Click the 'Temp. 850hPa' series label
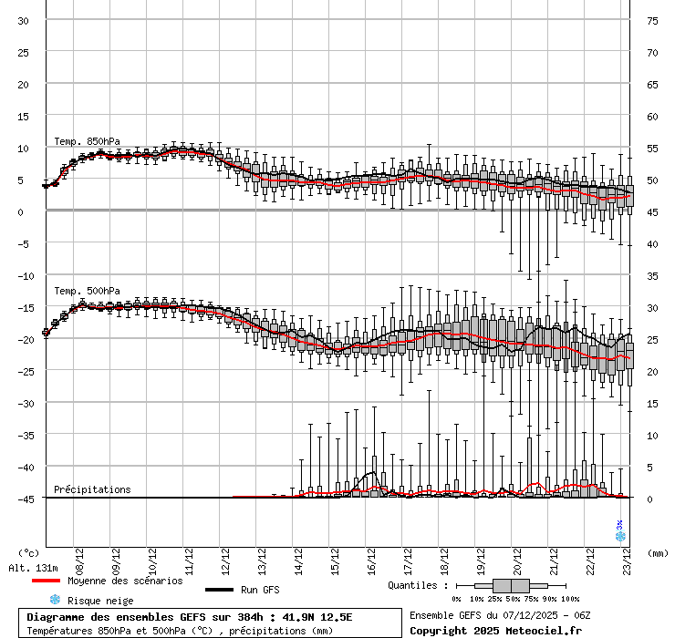pyautogui.click(x=87, y=141)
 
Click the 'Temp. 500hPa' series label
pyautogui.click(x=87, y=291)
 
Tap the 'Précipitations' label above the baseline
pyautogui.click(x=92, y=489)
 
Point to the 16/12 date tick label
pyautogui.click(x=371, y=557)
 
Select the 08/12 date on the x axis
pyautogui.click(x=79, y=557)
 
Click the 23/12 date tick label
pyautogui.click(x=627, y=557)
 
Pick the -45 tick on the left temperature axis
pyautogui.click(x=27, y=499)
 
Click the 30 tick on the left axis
pyautogui.click(x=24, y=21)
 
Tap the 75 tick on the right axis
pyautogui.click(x=652, y=21)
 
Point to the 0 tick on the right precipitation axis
pyautogui.click(x=650, y=499)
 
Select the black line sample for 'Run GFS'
pyautogui.click(x=219, y=590)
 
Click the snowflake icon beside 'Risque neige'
pyautogui.click(x=54, y=600)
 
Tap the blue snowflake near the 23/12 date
pyautogui.click(x=619, y=536)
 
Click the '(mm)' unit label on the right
pyautogui.click(x=658, y=552)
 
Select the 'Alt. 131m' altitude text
pyautogui.click(x=34, y=568)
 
